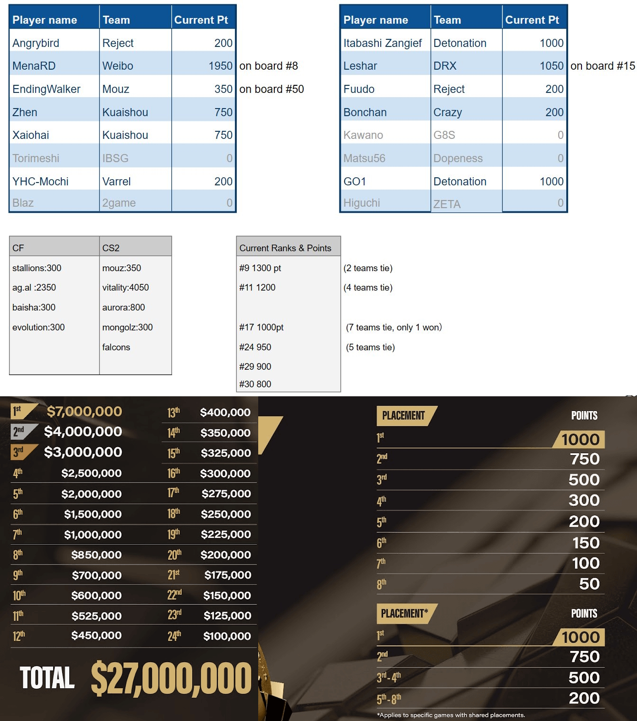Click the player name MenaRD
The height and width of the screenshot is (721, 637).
coord(34,66)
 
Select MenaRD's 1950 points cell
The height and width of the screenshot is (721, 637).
coord(220,66)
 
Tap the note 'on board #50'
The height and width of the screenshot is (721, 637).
coord(271,89)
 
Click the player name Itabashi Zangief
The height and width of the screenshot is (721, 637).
coord(382,43)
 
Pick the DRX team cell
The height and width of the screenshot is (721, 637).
coord(445,66)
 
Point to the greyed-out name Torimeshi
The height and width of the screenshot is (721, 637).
coord(36,158)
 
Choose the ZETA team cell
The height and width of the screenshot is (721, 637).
coord(447,204)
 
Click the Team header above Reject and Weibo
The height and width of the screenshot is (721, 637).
coord(116,20)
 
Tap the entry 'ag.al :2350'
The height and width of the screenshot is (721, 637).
coord(34,288)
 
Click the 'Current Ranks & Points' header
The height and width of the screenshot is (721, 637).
coord(285,248)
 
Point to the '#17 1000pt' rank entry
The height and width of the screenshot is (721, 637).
coord(261,328)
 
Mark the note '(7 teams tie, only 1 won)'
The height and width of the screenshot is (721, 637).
coord(393,328)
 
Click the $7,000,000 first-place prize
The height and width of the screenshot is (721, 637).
coord(84,411)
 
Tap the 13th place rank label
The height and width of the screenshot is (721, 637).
coord(173,413)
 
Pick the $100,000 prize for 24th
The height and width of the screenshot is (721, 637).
coord(227,636)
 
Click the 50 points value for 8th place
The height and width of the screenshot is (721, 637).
coord(589,584)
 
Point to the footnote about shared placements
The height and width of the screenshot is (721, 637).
coord(450,715)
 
